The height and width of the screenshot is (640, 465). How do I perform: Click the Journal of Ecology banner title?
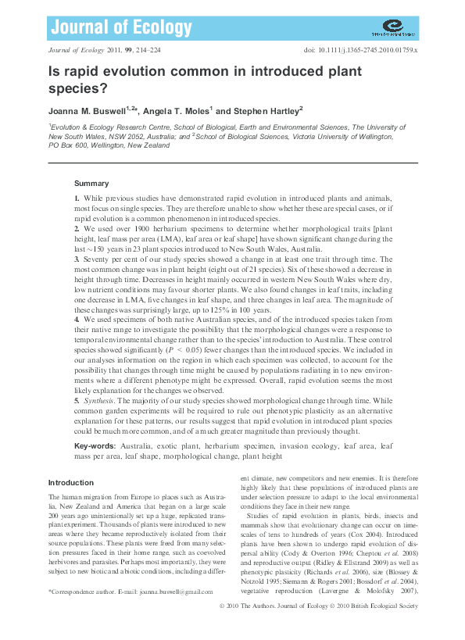[120, 29]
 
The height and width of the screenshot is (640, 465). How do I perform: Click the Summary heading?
[91, 183]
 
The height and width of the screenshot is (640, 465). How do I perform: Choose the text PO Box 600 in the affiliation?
[68, 145]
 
